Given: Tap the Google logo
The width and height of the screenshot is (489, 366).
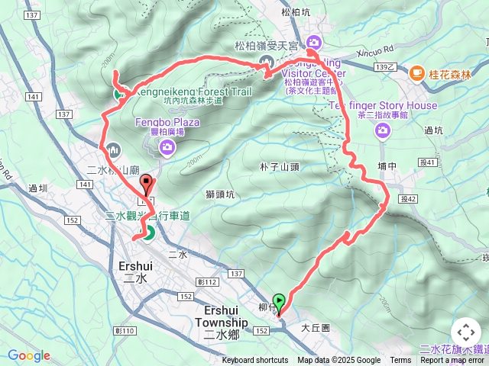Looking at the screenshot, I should coord(29,355).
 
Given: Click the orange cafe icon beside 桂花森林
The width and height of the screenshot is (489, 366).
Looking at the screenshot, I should coord(416,73).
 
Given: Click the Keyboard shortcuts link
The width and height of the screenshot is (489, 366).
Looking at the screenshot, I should coord(255,361).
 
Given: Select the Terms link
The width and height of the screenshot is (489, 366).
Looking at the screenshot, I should coord(400,361).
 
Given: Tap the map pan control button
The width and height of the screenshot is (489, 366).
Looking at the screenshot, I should coord(465,332).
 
